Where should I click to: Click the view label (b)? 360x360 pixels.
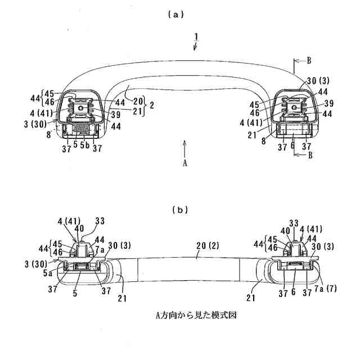(x=179, y=210)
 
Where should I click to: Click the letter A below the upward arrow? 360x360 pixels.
(x=184, y=163)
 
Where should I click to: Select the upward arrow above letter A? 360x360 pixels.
(x=184, y=149)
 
